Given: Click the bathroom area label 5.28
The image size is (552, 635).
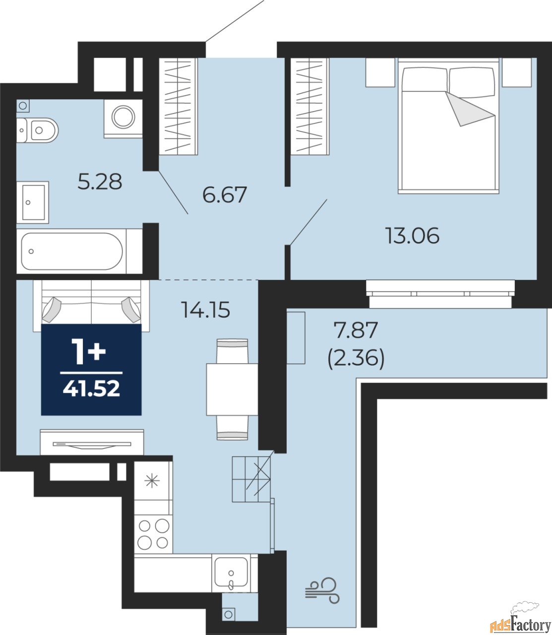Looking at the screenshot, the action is coord(100,182).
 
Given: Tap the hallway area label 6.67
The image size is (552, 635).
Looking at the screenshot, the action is coord(224,194).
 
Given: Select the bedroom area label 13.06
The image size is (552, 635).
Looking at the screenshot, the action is coord(412,236).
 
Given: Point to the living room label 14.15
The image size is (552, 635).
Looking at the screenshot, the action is coord(206,310).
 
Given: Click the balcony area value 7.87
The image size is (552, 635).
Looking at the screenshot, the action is coord(356,330).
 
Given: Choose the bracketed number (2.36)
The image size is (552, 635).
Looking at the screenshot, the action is coord(356,359).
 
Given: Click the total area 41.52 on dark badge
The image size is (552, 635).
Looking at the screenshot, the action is coord(91,389).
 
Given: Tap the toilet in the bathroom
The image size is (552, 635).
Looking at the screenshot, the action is coord(37,130).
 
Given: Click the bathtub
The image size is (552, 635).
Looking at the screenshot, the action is coord(72,252).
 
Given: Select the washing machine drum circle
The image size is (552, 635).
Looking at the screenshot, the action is coord(123,117).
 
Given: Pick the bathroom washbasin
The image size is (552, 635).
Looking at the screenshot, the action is coord(33,202).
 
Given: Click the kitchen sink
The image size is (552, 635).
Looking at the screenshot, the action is coord(231,574).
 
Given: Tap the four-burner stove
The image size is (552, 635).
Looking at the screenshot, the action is coord(153,534).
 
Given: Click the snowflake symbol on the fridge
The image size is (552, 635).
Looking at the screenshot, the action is coord(152,481).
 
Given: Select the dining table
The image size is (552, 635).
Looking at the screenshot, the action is coord(232,389).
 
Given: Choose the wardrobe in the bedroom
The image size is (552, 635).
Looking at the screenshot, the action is coord(309,107).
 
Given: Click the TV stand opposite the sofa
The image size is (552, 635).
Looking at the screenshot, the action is coord(92,442).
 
